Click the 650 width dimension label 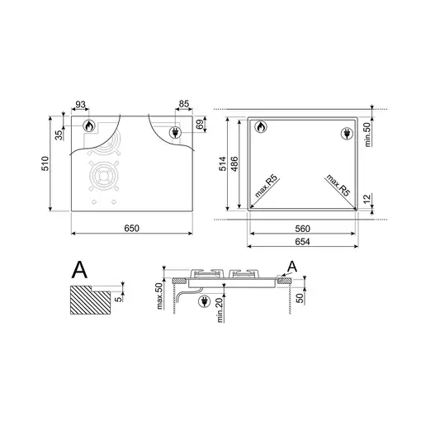(131, 228)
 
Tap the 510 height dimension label (45, 163)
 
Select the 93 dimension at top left (80, 105)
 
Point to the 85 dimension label (184, 104)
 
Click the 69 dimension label (201, 125)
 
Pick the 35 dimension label (59, 135)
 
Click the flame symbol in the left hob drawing (89, 125)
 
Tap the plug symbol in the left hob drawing (175, 132)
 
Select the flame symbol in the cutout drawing (261, 127)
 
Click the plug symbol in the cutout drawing (347, 134)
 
